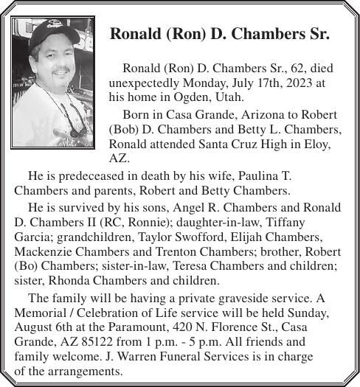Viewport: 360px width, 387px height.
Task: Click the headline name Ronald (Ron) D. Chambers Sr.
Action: [x=219, y=35]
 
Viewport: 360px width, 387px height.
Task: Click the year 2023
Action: [x=299, y=83]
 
